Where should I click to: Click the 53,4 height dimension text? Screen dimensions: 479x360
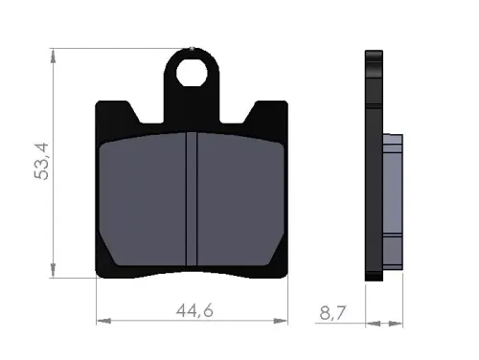pos(41,162)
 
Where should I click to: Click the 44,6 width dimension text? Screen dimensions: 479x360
pos(194,310)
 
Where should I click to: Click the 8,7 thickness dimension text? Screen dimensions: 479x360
pos(332,313)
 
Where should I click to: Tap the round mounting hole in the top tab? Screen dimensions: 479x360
pos(192,73)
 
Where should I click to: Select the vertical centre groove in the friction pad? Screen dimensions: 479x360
pos(192,199)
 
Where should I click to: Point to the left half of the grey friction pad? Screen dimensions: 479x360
pos(143,200)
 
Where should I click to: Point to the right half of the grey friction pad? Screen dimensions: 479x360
pos(240,200)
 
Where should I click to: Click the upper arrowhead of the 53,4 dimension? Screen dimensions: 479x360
pos(53,56)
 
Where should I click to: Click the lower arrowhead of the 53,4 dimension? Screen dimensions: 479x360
pos(53,270)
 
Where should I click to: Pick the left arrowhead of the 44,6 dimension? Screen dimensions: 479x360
pos(103,321)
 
